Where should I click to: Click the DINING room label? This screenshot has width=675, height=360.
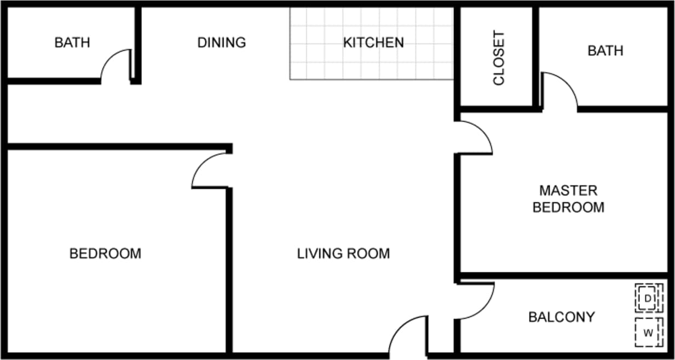click(x=222, y=42)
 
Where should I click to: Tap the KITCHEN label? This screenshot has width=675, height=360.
click(x=373, y=42)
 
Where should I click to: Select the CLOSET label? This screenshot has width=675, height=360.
click(x=498, y=58)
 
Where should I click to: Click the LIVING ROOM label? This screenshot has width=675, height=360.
click(x=343, y=254)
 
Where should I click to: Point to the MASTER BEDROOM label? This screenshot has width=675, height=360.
click(x=568, y=199)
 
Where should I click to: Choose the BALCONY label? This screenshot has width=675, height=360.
click(x=561, y=317)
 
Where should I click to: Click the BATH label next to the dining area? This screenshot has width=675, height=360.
click(x=72, y=42)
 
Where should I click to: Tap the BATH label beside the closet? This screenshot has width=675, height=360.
click(x=605, y=51)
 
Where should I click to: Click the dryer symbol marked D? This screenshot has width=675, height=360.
click(x=648, y=298)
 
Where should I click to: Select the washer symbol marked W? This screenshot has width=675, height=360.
click(x=648, y=332)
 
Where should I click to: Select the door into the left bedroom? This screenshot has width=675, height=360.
click(x=210, y=171)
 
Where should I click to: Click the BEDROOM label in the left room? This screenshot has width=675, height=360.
click(x=105, y=254)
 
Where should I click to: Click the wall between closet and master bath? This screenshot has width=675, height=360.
click(x=536, y=57)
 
